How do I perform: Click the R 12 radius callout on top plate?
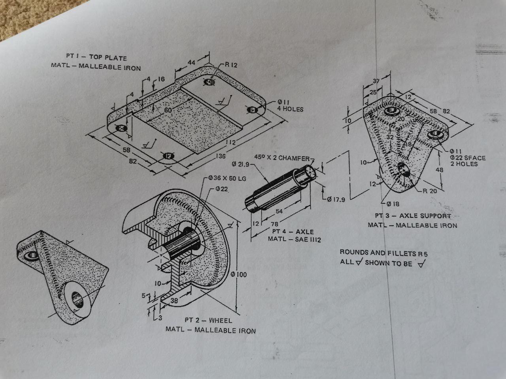pos(231,65)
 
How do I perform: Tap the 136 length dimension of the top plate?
pos(221,157)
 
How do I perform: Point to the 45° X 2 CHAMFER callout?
pos(282,158)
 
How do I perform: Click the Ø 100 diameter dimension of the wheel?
pos(238,274)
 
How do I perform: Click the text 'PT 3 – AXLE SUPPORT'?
pos(413,216)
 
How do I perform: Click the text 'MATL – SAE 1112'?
pos(294,239)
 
